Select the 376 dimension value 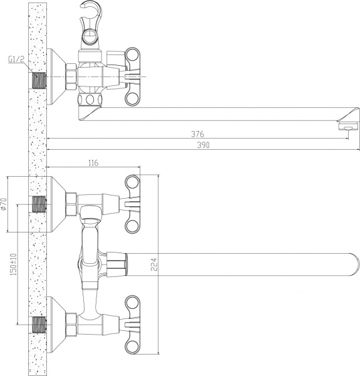(198, 134)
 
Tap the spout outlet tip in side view (347, 126)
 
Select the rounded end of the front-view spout (352, 262)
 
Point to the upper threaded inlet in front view (39, 204)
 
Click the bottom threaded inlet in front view (39, 324)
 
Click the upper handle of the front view (134, 204)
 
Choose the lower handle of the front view (134, 324)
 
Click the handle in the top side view (133, 77)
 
